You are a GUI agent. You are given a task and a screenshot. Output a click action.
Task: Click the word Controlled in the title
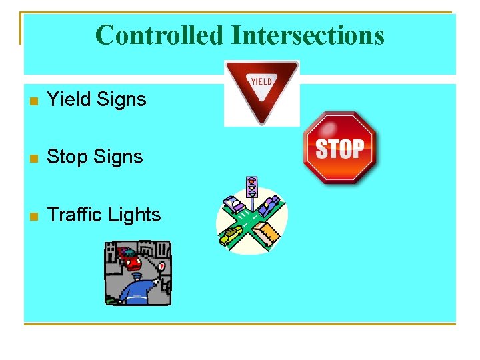[x=159, y=35]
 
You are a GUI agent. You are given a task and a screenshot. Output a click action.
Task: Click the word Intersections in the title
[x=307, y=35]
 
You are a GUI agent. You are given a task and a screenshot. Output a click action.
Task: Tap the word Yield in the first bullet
[x=69, y=100]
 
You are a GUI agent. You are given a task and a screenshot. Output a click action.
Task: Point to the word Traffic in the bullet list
[x=75, y=215]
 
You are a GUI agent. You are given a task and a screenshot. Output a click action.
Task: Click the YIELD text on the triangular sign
[x=261, y=81]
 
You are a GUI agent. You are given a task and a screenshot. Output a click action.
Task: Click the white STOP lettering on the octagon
[x=340, y=149]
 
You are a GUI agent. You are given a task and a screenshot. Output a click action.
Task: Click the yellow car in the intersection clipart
[x=232, y=233]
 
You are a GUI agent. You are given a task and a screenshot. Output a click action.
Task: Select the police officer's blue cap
[x=137, y=277]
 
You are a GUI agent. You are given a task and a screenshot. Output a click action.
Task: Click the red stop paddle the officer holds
[x=162, y=266]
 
